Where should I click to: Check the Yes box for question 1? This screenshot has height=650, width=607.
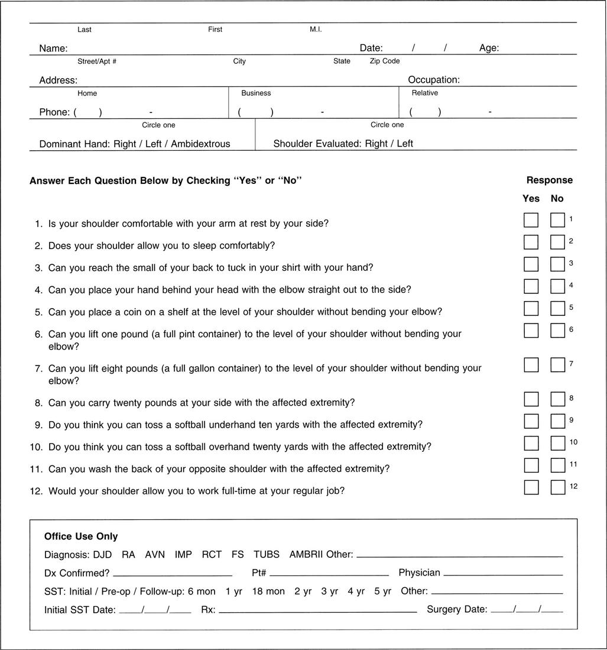(x=531, y=220)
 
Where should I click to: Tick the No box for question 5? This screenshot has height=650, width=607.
(x=557, y=308)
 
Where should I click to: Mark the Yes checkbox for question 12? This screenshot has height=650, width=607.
(x=531, y=487)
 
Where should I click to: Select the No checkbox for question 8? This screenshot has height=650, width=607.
(x=557, y=399)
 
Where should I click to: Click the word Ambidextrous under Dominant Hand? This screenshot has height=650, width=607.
(x=200, y=144)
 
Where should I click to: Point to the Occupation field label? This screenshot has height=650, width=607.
(x=433, y=80)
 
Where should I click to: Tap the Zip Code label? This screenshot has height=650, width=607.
(x=385, y=61)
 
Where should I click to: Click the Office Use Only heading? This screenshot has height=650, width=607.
(x=81, y=536)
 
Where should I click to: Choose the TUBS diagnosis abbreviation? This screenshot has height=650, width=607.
(x=267, y=554)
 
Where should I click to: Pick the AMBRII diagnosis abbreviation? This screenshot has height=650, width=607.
(x=306, y=554)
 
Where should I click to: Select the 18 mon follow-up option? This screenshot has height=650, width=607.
(x=268, y=591)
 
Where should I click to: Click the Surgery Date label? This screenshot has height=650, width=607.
(x=457, y=609)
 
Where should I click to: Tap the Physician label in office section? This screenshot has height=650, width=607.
(x=419, y=573)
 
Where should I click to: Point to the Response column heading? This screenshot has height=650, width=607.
(x=549, y=180)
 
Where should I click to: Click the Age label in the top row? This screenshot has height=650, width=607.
(x=489, y=48)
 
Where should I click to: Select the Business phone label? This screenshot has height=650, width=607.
(x=256, y=93)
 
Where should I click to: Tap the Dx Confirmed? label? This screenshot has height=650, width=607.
(x=77, y=573)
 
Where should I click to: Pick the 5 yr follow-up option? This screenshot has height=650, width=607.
(x=382, y=591)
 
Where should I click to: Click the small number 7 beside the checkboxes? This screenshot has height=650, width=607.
(x=572, y=364)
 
